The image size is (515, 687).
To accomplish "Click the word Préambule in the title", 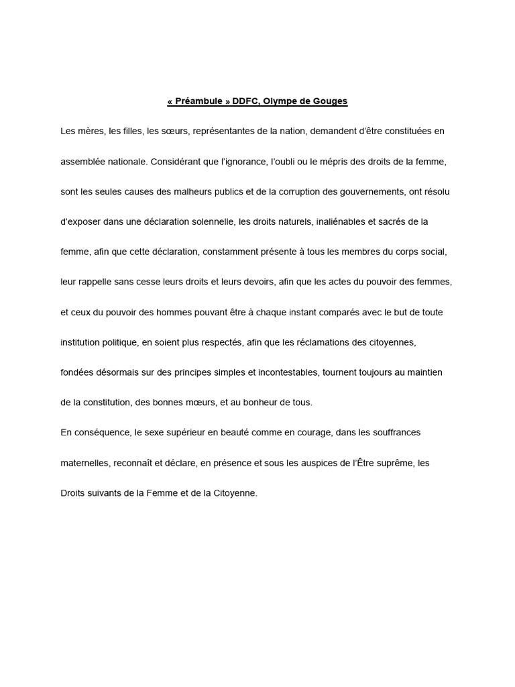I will tap(199, 101).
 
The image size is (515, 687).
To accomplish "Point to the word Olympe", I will tap(282, 101).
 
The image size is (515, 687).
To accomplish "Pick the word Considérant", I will tap(176, 162).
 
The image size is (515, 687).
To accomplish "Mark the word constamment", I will tap(227, 252).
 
